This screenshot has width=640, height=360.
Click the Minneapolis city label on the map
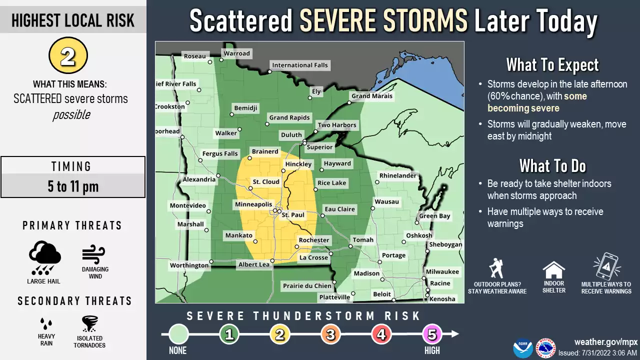coord(254,204)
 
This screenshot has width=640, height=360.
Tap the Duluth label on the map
coord(291,135)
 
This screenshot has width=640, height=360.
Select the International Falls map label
coord(299,65)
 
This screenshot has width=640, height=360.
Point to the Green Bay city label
coord(434,216)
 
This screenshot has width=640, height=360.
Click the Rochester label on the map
coord(314,240)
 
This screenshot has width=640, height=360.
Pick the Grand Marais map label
coord(372,96)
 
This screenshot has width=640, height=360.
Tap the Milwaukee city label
coord(442,271)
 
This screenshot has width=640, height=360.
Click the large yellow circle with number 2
coord(68,55)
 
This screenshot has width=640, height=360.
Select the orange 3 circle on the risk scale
coord(330,334)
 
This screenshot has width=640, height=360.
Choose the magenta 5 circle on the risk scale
coord(432,334)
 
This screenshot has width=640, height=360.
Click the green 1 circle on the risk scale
coord(229,334)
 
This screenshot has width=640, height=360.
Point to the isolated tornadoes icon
coord(89,324)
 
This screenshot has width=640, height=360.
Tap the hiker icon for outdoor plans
coord(496,268)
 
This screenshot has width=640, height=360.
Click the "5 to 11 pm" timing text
coord(73,187)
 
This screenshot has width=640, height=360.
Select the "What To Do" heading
coord(552,165)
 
